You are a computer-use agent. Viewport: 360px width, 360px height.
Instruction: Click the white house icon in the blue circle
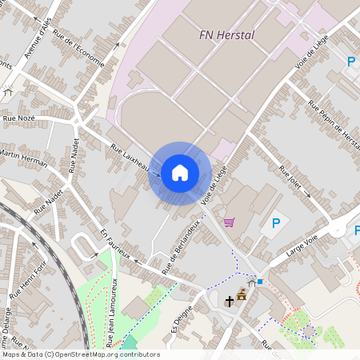180,172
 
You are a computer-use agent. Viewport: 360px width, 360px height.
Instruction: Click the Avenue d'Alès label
38,38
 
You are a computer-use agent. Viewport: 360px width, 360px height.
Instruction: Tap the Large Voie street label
300,247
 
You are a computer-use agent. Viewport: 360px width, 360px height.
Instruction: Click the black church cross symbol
230,301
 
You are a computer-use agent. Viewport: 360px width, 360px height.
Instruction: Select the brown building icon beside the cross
242,294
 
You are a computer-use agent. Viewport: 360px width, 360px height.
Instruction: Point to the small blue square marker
259,282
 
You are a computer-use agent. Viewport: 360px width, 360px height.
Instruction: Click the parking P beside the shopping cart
276,223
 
